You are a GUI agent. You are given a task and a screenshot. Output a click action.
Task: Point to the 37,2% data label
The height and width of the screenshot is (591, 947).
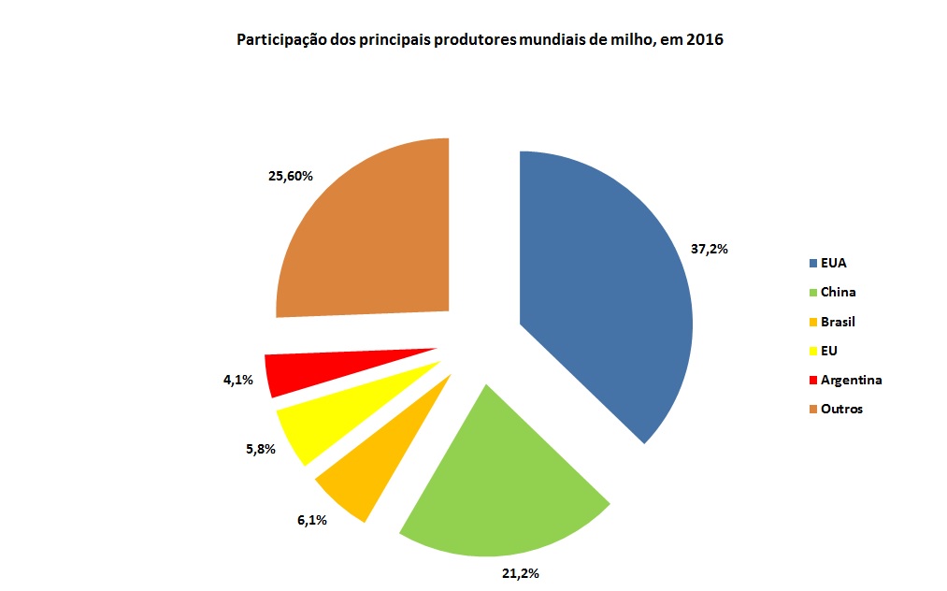pyautogui.click(x=709, y=250)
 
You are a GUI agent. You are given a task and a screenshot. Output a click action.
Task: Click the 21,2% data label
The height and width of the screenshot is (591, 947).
pyautogui.click(x=520, y=572)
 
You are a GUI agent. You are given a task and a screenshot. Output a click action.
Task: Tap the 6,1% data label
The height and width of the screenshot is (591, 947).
pyautogui.click(x=311, y=520)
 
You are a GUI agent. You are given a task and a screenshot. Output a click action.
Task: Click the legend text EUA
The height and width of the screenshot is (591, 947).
pyautogui.click(x=833, y=263)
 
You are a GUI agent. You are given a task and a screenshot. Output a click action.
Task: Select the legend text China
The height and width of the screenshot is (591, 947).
pyautogui.click(x=838, y=292)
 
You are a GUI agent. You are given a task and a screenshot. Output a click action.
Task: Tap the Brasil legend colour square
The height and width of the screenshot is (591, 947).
pyautogui.click(x=813, y=322)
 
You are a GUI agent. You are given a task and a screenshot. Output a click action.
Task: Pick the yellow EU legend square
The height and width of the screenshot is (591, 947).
pyautogui.click(x=813, y=351)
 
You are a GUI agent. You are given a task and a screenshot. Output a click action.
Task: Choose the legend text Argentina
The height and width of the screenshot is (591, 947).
pyautogui.click(x=851, y=380)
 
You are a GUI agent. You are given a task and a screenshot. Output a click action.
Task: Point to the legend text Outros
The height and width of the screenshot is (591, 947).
pyautogui.click(x=841, y=409)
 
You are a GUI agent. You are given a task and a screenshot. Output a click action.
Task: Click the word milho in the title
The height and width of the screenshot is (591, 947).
pyautogui.click(x=629, y=40)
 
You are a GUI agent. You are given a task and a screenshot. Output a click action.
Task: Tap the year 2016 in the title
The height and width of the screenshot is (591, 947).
pyautogui.click(x=707, y=40)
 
